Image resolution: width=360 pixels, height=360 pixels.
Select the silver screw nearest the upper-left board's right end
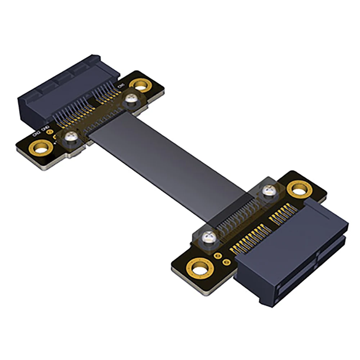pos(130,101)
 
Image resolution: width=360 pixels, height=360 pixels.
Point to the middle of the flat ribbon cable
pos(169,158)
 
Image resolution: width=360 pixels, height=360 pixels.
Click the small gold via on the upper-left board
pos(55,137)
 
